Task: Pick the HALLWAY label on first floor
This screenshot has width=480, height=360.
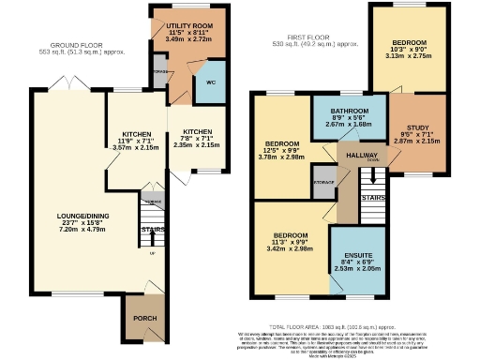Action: [361, 155]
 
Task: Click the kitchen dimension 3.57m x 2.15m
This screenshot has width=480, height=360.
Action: [130, 148]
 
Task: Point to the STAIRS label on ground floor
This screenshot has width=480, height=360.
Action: [152, 228]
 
